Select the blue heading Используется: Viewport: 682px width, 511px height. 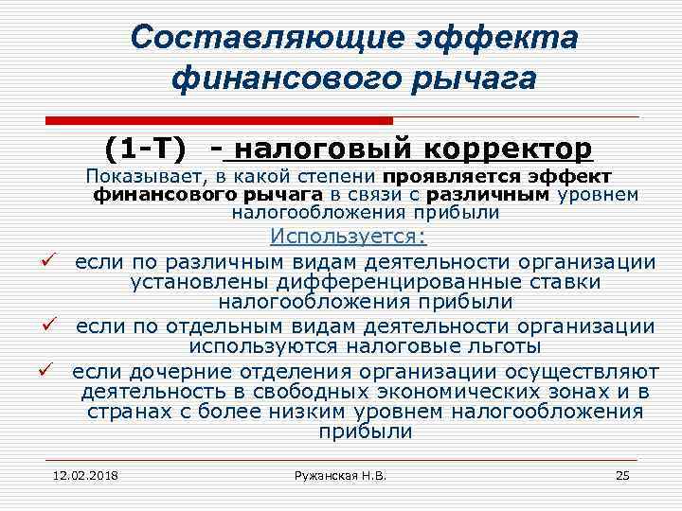[349, 237]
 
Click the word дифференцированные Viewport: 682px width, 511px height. [395, 282]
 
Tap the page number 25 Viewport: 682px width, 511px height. [622, 474]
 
